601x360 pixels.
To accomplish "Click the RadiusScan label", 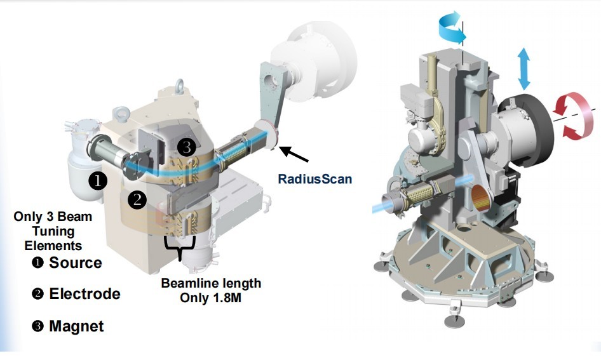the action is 314,179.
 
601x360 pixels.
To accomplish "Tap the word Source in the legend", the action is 76,263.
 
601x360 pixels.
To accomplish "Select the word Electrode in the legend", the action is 84,294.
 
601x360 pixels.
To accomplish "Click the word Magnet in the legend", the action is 76,326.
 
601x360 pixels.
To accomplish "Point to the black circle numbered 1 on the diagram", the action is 98,180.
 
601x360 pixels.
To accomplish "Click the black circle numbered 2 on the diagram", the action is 137,199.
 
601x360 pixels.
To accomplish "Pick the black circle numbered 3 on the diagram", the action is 187,147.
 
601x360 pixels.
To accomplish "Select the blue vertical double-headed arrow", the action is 524,69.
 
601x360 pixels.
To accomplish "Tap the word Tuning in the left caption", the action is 53,231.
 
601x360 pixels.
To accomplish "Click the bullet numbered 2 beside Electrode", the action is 37,294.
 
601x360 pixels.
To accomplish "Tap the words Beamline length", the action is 211,283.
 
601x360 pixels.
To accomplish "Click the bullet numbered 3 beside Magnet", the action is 37,326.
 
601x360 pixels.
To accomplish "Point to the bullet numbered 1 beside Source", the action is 37,263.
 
